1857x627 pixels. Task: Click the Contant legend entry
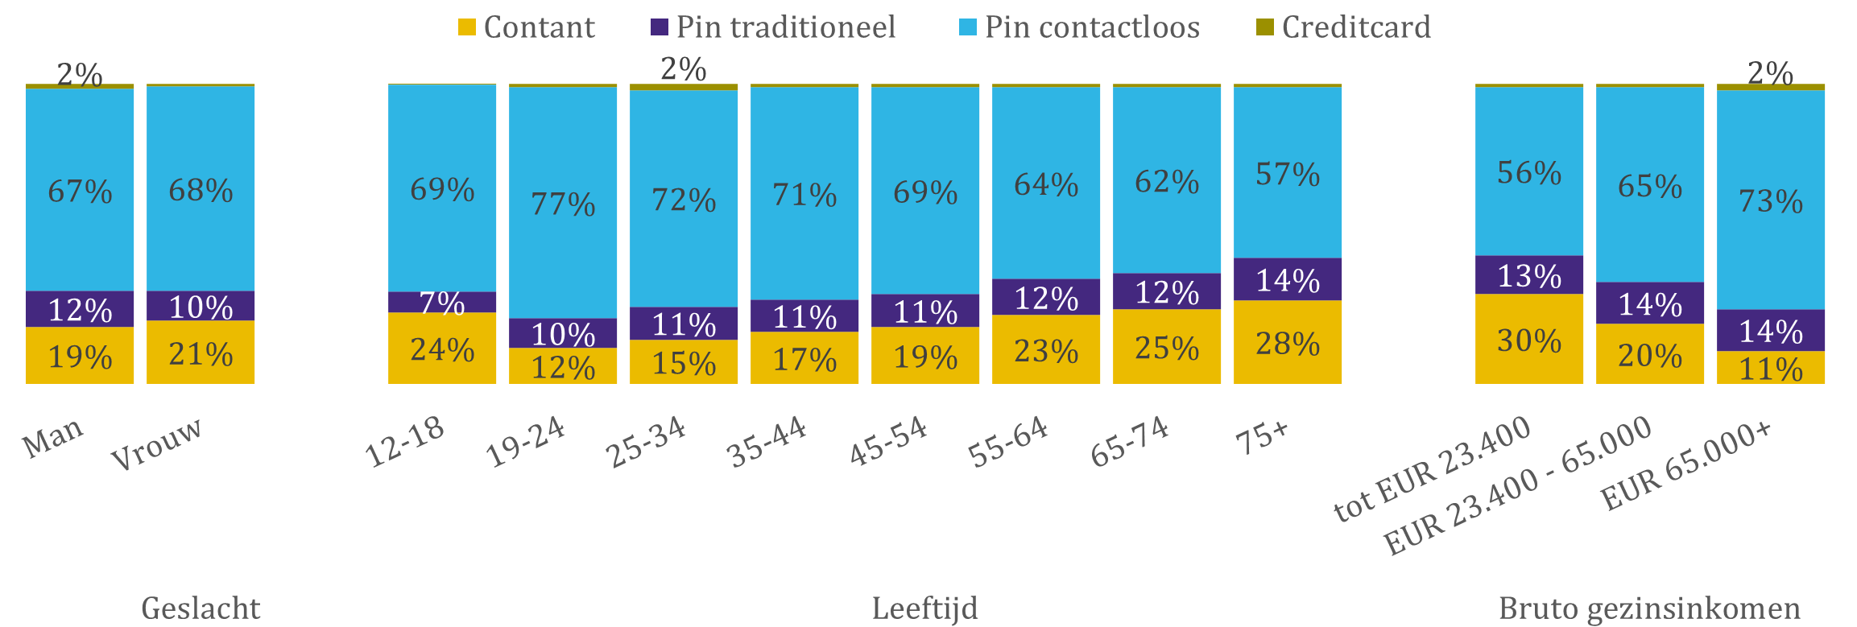pos(527,27)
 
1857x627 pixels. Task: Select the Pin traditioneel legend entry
pos(773,27)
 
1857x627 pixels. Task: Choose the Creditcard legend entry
pos(1344,27)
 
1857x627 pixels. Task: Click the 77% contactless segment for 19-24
pos(563,204)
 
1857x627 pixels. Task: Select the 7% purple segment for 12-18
pos(442,303)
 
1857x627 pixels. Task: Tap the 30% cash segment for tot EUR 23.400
pos(1529,340)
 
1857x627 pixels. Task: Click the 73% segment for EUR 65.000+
pos(1771,200)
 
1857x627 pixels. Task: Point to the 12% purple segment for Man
pos(80,310)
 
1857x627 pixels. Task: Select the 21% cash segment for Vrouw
pos(201,353)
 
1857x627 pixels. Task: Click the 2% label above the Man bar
pos(80,75)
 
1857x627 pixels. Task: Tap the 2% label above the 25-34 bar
pos(684,69)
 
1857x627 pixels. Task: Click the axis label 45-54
pos(889,442)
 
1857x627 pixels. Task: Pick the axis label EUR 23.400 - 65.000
pos(1518,488)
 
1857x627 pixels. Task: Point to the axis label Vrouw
pos(156,444)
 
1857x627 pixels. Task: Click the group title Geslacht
pos(201,608)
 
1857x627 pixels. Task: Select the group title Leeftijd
pos(924,608)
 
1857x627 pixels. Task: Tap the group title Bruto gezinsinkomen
pos(1649,608)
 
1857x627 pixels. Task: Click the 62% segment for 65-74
pos(1167,182)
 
